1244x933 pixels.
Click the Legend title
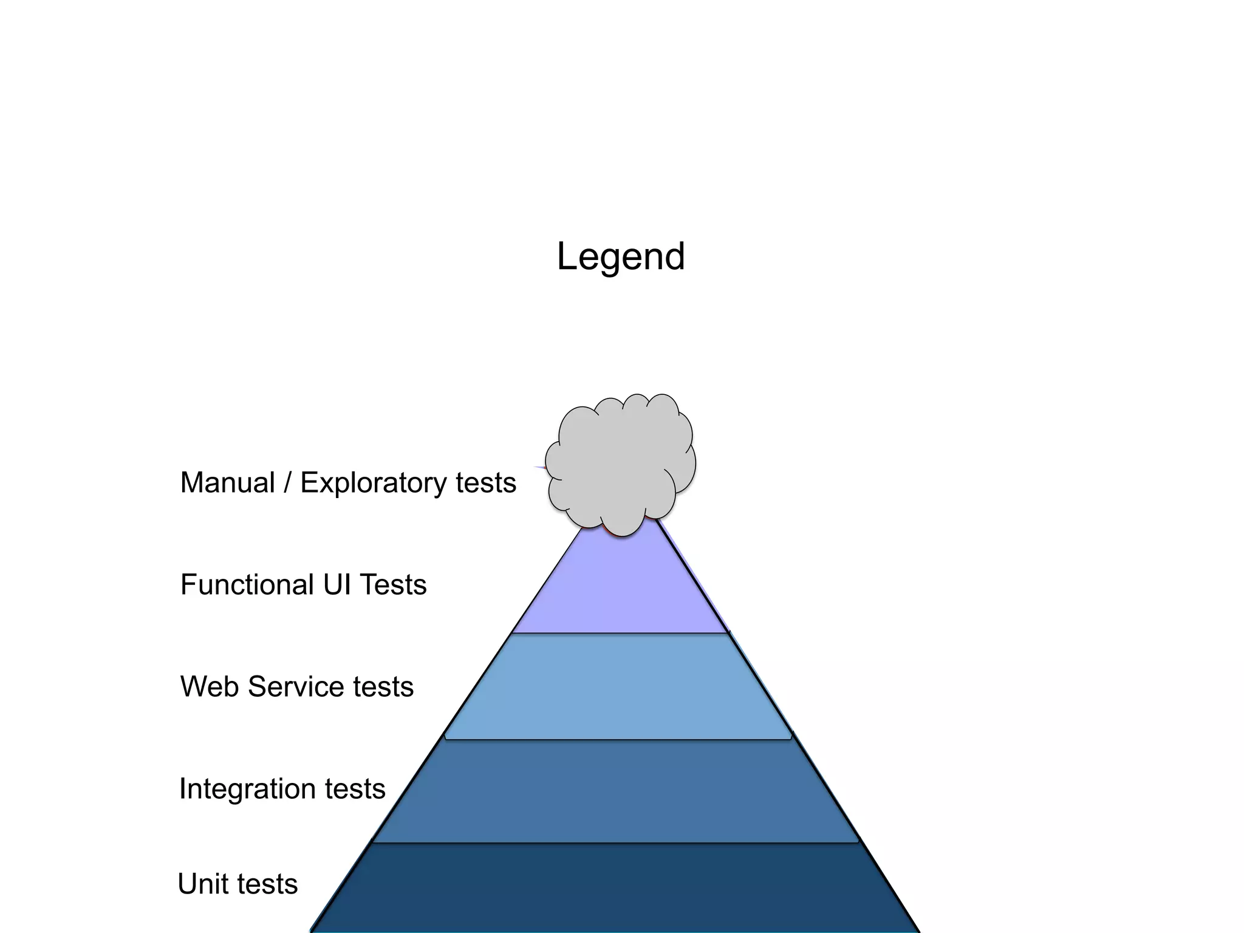pyautogui.click(x=621, y=256)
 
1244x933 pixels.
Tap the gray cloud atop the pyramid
pyautogui.click(x=621, y=462)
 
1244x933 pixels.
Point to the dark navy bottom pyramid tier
pyautogui.click(x=615, y=887)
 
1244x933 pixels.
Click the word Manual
pyautogui.click(x=228, y=483)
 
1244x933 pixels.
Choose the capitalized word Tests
pyautogui.click(x=393, y=585)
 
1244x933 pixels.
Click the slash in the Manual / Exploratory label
pyautogui.click(x=287, y=483)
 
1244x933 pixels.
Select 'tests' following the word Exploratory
pyautogui.click(x=486, y=483)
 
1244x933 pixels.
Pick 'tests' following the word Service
pyautogui.click(x=383, y=687)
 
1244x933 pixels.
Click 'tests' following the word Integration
pyautogui.click(x=355, y=789)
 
